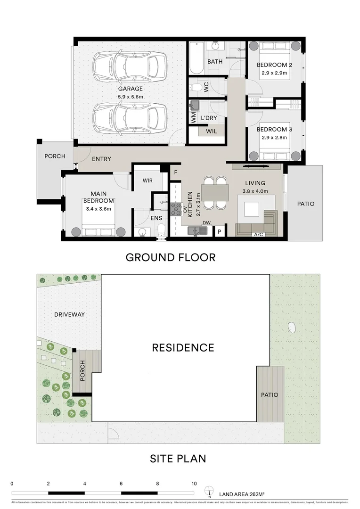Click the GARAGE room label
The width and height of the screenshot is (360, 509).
[130, 89]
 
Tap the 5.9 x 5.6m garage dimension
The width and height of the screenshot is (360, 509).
[130, 97]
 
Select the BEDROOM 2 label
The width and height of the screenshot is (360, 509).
[275, 65]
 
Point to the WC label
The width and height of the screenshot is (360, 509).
[206, 87]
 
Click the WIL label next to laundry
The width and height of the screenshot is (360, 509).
[212, 131]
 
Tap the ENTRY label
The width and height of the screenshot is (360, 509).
[101, 159]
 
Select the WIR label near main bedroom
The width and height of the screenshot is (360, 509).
[148, 180]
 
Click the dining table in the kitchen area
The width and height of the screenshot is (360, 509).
[215, 193]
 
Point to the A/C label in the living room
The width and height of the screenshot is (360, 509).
[258, 234]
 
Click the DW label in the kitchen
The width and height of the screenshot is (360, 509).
[206, 222]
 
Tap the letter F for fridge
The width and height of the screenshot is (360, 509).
[176, 172]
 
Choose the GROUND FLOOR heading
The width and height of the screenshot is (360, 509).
[170, 257]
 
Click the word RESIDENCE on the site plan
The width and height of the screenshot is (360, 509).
[183, 348]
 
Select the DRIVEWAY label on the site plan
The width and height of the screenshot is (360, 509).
[69, 314]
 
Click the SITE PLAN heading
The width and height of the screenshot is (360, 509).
[178, 458]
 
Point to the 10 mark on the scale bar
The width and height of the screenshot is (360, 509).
[194, 484]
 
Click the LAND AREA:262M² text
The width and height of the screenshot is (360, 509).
[241, 494]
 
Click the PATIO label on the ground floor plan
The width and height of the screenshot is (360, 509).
[305, 204]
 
